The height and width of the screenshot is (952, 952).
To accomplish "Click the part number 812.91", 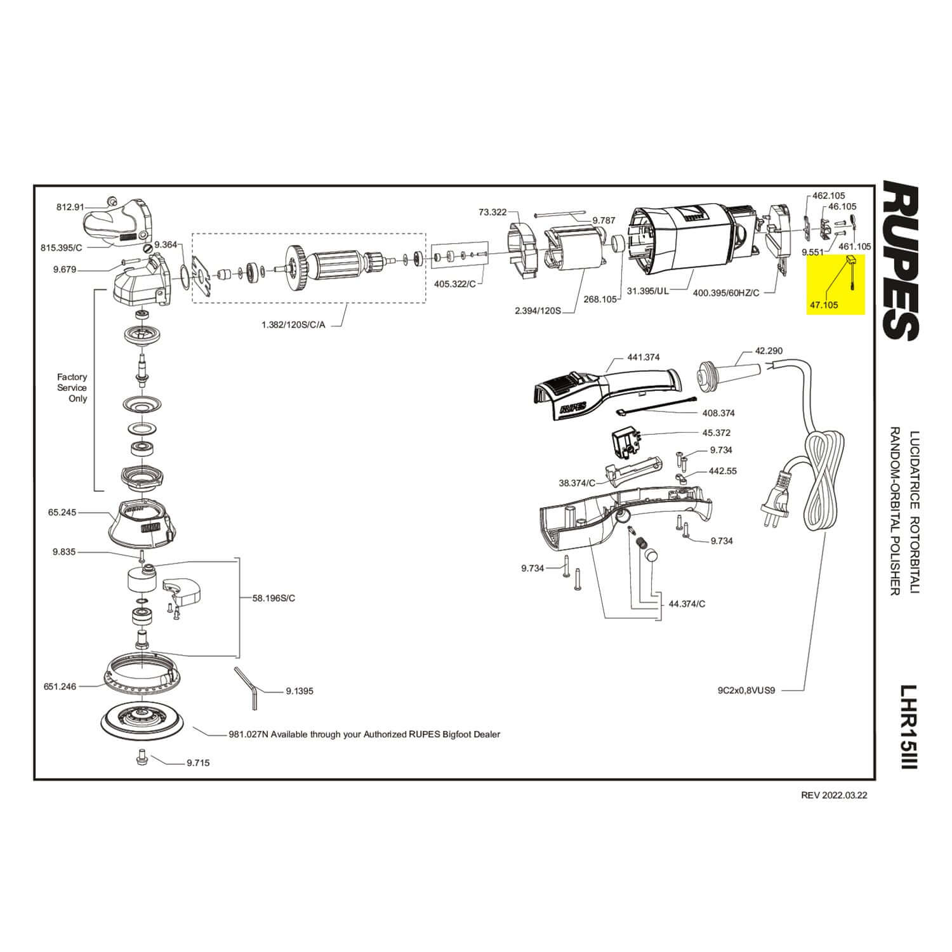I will click(70, 207).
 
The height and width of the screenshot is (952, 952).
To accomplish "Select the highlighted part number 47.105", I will click(823, 305).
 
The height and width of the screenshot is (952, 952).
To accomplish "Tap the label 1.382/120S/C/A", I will click(293, 324).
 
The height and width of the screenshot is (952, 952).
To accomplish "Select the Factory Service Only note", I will click(72, 388).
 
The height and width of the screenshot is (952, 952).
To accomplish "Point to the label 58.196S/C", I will click(274, 598).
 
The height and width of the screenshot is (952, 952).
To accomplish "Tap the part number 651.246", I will click(60, 686).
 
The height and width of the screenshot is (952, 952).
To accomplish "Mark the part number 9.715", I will click(198, 763).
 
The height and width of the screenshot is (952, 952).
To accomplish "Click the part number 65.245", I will click(62, 512).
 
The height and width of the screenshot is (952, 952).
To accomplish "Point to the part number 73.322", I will click(493, 212).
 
